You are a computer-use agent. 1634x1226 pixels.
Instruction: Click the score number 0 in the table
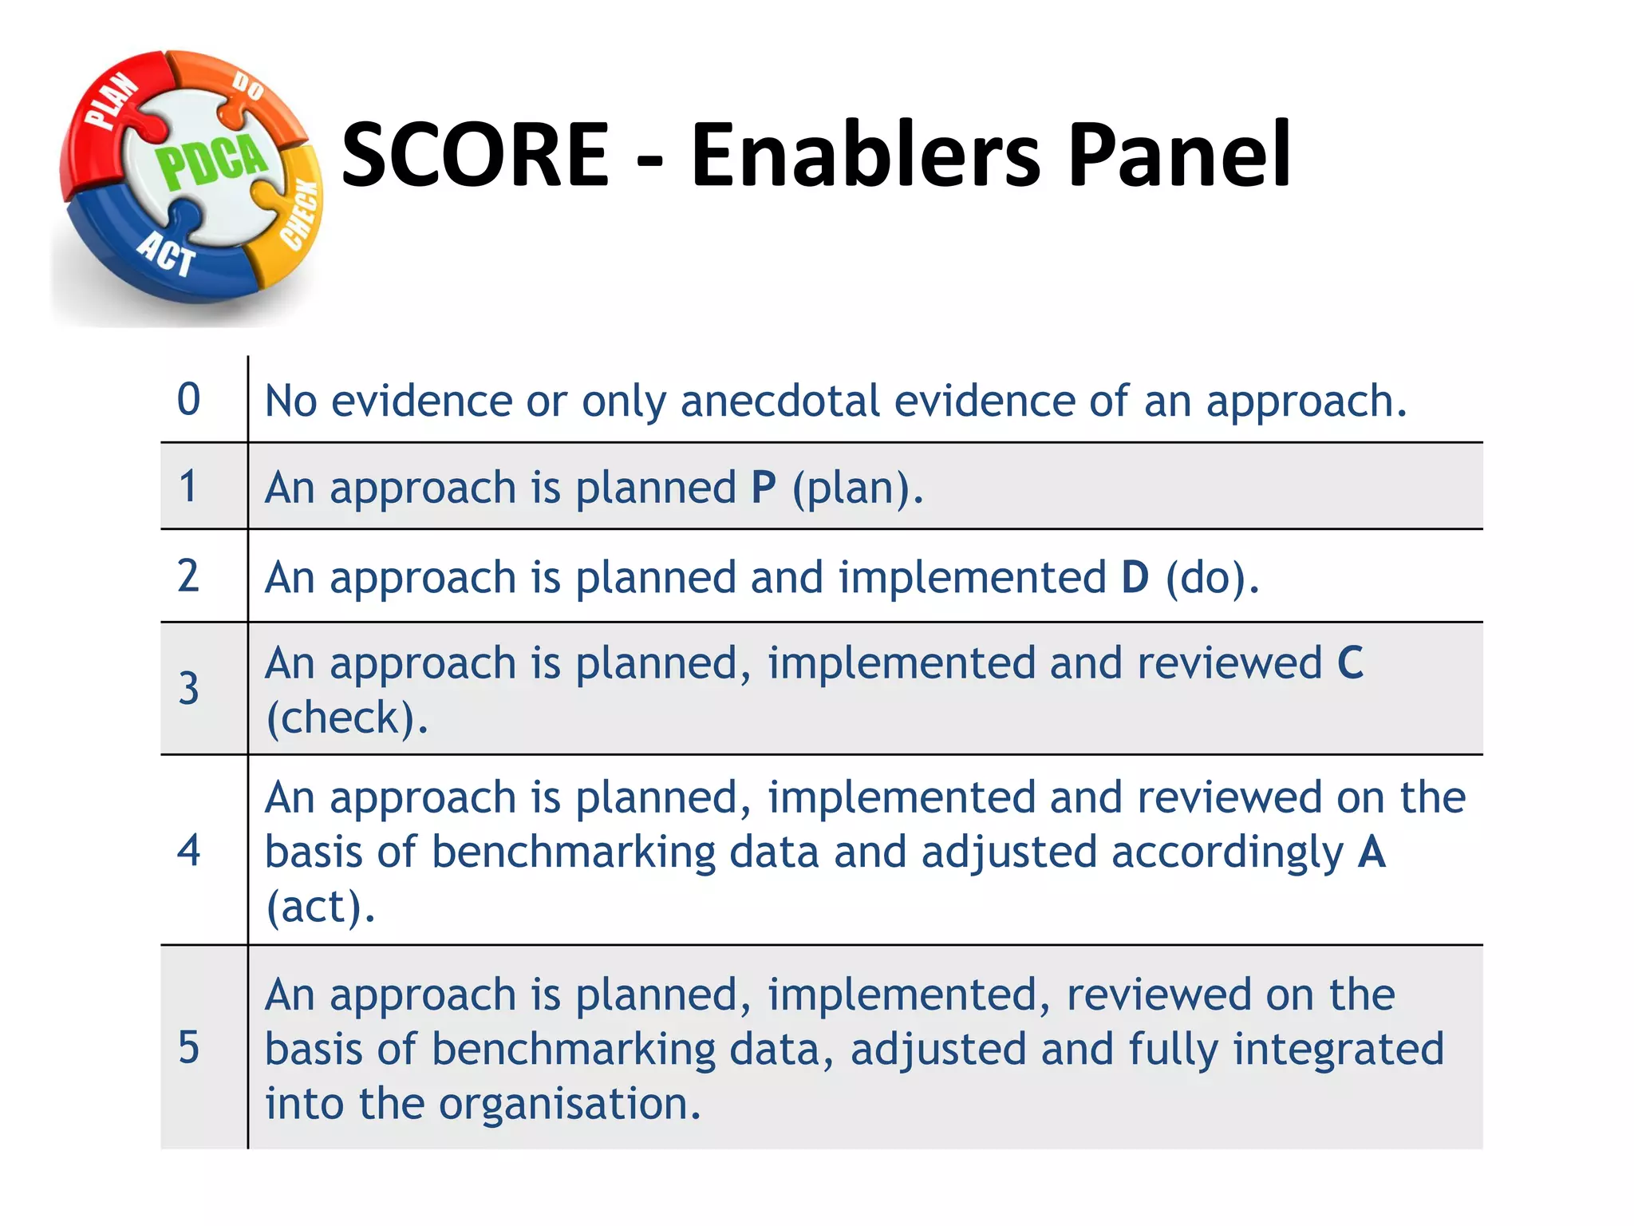pos(189,399)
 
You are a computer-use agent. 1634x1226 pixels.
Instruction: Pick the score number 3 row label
pos(189,688)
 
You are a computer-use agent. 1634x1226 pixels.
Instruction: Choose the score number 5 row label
pos(189,1047)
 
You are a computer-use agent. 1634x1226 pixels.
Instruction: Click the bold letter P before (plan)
pos(764,488)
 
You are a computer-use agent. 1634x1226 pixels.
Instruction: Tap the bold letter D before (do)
pos(1135,577)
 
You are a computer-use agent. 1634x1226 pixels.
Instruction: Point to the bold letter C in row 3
pos(1350,663)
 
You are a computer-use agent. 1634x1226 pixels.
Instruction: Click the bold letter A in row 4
pos(1372,852)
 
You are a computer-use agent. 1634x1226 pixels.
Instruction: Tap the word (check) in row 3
pos(345,718)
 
